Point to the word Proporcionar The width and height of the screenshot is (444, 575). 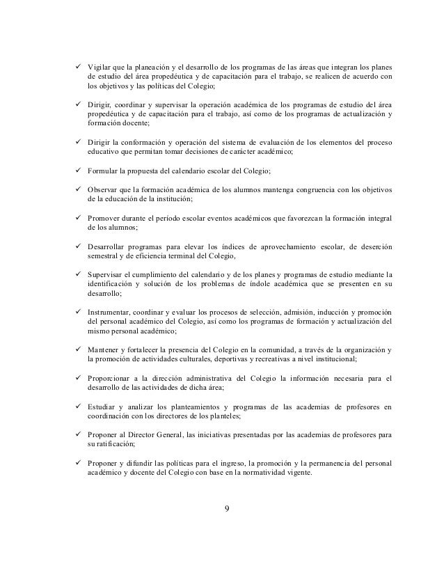pos(111,378)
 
